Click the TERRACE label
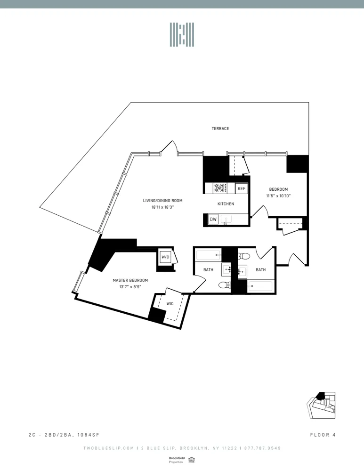pos(220,129)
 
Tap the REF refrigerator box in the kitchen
pos(241,188)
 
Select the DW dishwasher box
pos(213,219)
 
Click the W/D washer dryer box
pos(165,258)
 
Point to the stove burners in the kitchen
pos(220,188)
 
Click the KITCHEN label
pos(226,204)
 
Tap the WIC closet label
pos(170,304)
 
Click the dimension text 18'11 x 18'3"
pos(162,207)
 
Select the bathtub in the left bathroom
pos(208,256)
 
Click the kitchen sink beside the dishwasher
pos(226,219)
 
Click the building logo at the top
pos(182,34)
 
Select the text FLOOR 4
pos(323,435)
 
